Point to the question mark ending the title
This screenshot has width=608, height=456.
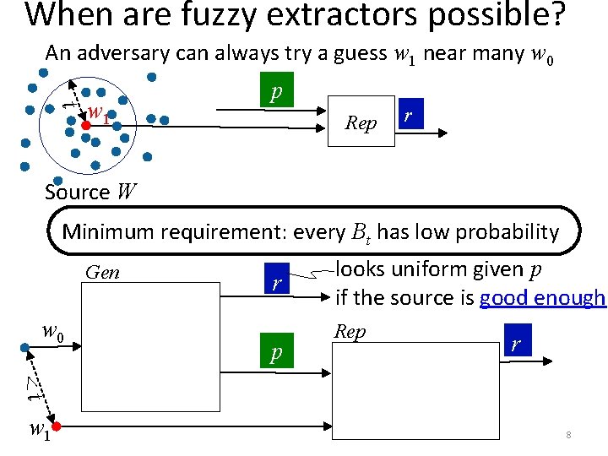click(x=555, y=15)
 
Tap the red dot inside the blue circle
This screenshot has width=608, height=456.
click(x=85, y=124)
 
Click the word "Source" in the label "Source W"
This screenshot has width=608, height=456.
click(x=77, y=193)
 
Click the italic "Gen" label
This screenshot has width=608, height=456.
click(x=103, y=273)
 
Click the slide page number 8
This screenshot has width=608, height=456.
click(x=569, y=436)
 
